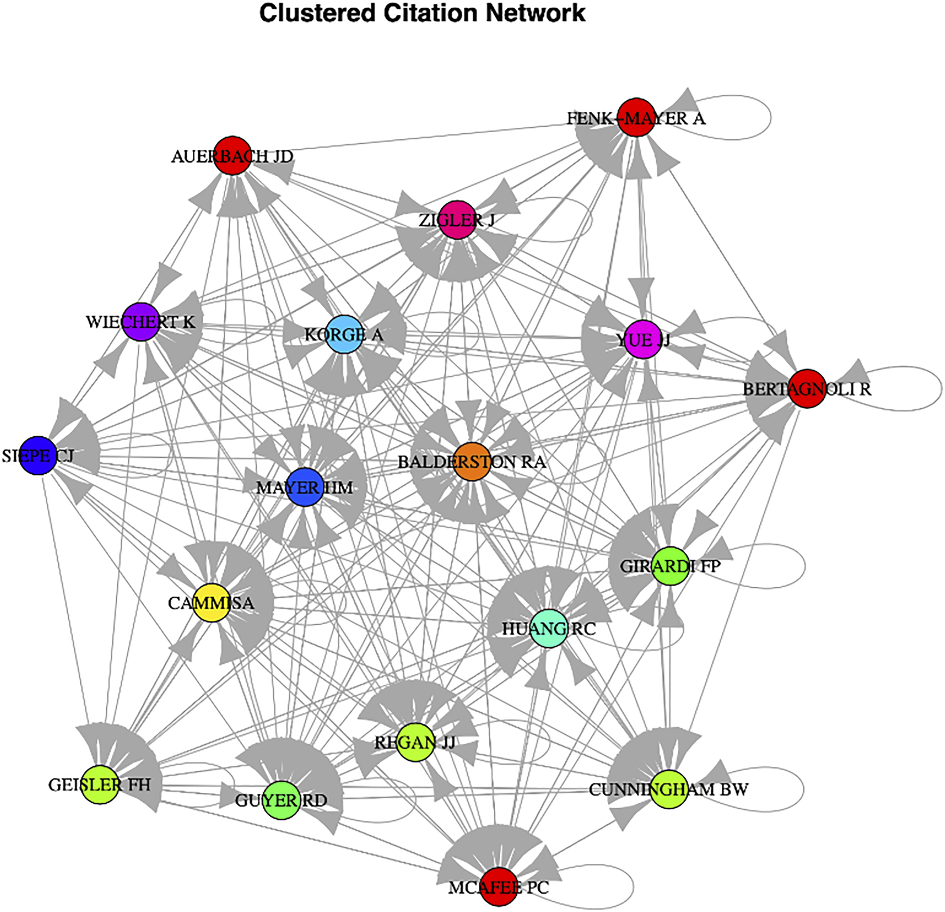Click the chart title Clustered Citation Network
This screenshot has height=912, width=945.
click(422, 13)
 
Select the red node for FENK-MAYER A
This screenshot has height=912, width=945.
click(636, 117)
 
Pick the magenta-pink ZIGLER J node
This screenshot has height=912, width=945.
click(457, 220)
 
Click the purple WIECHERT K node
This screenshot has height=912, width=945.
click(141, 322)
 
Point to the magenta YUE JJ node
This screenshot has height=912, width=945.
click(643, 339)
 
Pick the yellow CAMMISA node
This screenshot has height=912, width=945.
click(211, 603)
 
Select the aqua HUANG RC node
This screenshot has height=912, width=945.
click(549, 628)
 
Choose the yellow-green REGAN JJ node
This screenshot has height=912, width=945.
click(415, 742)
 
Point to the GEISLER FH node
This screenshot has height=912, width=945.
click(99, 785)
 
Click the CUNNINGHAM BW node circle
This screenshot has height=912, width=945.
click(669, 790)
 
